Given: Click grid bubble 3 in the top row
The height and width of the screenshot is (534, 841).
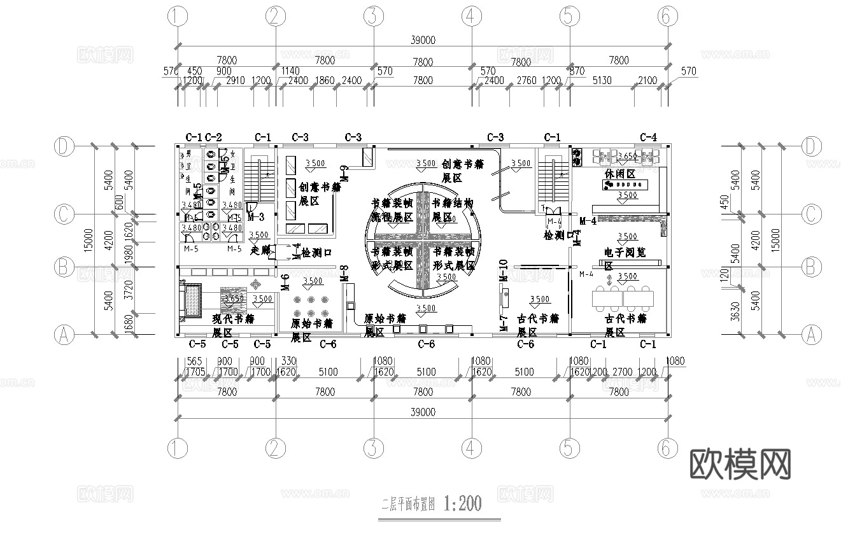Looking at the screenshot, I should pos(373,17).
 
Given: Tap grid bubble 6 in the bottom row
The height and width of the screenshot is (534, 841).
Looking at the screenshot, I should pos(666,448).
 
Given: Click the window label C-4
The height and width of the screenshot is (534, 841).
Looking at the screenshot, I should pos(648,137).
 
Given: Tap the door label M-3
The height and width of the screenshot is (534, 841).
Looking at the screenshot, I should pos(256,216).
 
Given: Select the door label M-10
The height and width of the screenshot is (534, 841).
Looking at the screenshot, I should pos(503,271).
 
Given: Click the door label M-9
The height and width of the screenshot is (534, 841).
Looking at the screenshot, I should pos(344,173).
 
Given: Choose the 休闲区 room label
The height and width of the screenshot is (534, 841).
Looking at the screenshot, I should pos(620,174).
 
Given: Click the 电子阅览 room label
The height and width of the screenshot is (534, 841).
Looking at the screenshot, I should pos(625,253).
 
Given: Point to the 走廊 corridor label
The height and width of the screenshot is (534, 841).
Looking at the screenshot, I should pos(261,251).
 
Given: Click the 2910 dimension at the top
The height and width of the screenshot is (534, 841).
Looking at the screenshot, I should pos(236,81).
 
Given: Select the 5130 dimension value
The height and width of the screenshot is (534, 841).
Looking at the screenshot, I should pos(602,81).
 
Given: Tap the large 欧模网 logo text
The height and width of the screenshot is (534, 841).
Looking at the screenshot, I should pos(740,465).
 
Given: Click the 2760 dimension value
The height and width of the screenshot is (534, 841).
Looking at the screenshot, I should pos(527,81).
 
